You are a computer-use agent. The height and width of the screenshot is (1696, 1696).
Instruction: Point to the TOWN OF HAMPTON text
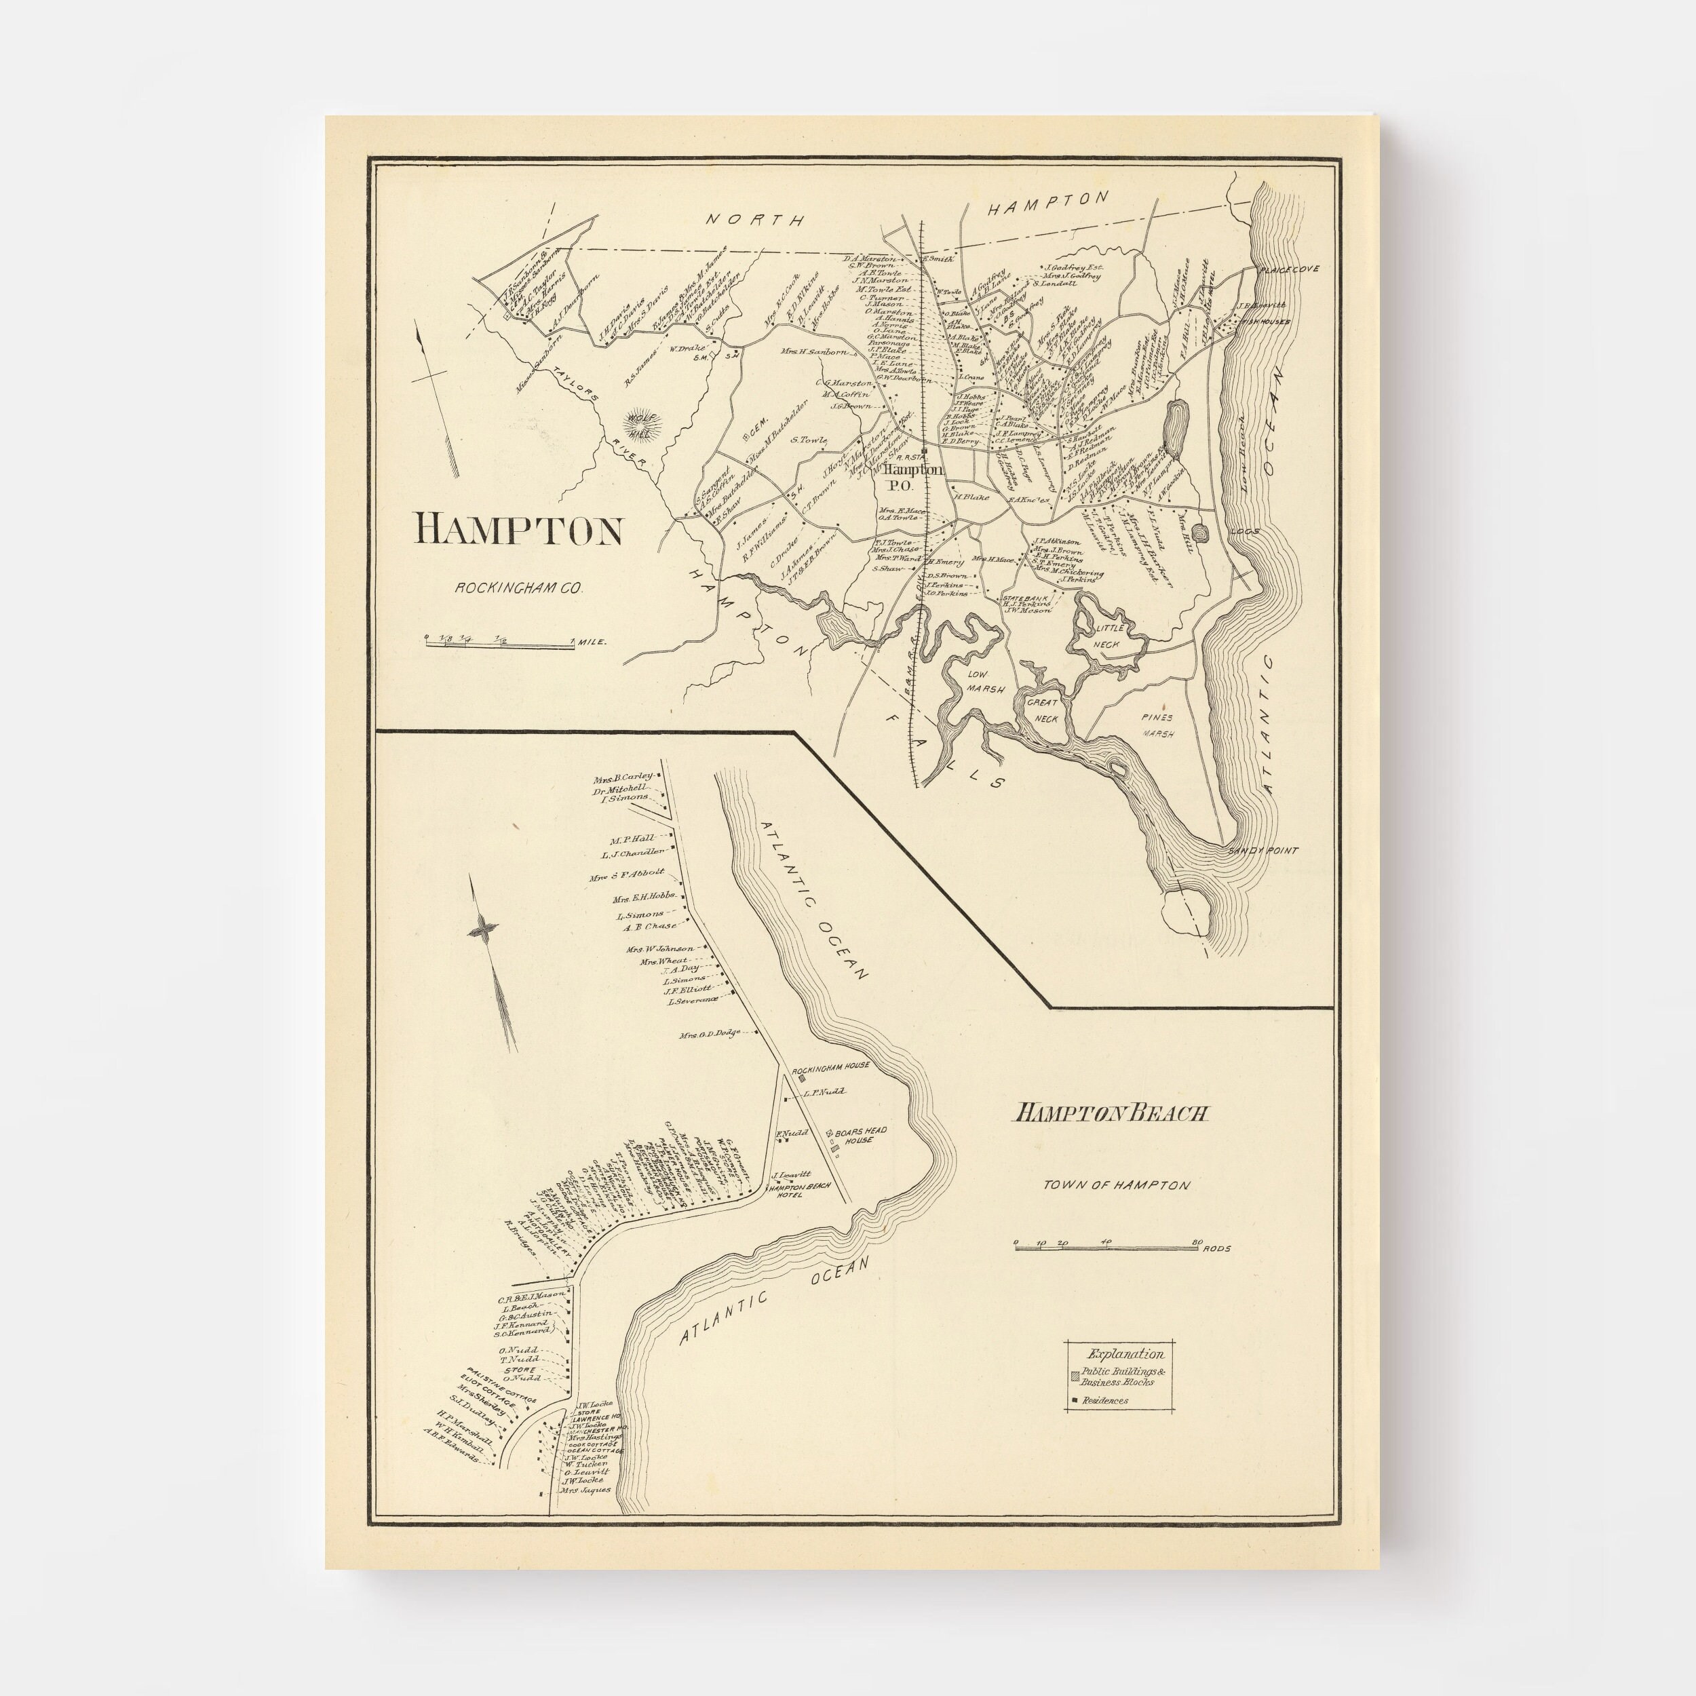click(x=1116, y=1185)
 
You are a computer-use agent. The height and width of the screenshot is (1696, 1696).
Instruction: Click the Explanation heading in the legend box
click(x=1125, y=1353)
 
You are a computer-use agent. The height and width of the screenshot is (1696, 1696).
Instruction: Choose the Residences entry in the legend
click(x=1105, y=1400)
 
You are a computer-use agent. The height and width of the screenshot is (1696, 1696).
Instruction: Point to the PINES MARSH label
click(x=1156, y=725)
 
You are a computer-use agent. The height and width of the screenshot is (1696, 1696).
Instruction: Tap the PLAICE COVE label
click(x=1286, y=269)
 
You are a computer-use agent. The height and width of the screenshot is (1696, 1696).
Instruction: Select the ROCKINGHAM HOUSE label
click(x=830, y=1065)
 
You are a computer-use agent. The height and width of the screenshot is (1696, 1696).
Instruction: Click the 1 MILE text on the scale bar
click(x=592, y=642)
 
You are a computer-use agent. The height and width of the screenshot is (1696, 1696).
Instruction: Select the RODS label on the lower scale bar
click(x=1218, y=1248)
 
